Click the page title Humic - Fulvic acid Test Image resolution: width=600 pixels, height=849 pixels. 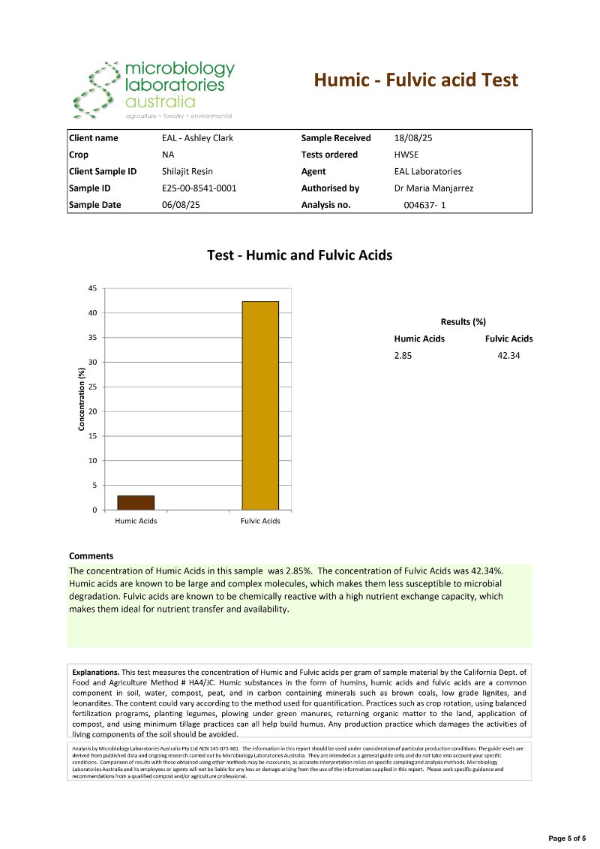pyautogui.click(x=415, y=80)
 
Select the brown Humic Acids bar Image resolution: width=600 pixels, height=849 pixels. pyautogui.click(x=136, y=502)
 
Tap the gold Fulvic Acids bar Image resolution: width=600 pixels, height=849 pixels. pyautogui.click(x=260, y=405)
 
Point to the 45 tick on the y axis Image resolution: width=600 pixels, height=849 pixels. pyautogui.click(x=92, y=288)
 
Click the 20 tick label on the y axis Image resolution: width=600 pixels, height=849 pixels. pyautogui.click(x=92, y=411)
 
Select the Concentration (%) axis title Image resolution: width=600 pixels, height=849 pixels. pyautogui.click(x=80, y=399)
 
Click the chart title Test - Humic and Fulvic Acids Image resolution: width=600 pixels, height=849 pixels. pyautogui.click(x=299, y=256)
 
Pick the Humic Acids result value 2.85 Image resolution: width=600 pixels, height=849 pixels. pyautogui.click(x=403, y=355)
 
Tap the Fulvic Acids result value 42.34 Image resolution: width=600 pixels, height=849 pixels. pyautogui.click(x=508, y=355)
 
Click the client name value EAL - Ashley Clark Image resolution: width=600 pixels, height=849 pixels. pyautogui.click(x=198, y=138)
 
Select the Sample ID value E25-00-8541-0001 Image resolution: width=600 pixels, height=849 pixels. pyautogui.click(x=199, y=188)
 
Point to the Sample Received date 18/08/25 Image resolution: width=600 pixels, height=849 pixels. pyautogui.click(x=414, y=138)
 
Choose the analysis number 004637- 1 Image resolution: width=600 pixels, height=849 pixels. pyautogui.click(x=424, y=204)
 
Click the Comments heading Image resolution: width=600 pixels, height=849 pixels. pyautogui.click(x=91, y=556)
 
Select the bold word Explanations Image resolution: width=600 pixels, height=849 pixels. pyautogui.click(x=95, y=672)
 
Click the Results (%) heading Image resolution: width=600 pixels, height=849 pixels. pyautogui.click(x=463, y=322)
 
